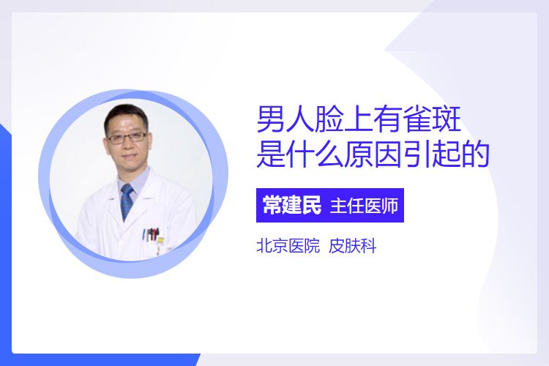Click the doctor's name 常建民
click(291, 205)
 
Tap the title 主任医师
click(364, 206)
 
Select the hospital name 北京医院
click(288, 246)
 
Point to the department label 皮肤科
click(353, 246)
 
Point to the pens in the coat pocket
click(152, 234)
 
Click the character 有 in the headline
click(387, 119)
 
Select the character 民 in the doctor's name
click(311, 205)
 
